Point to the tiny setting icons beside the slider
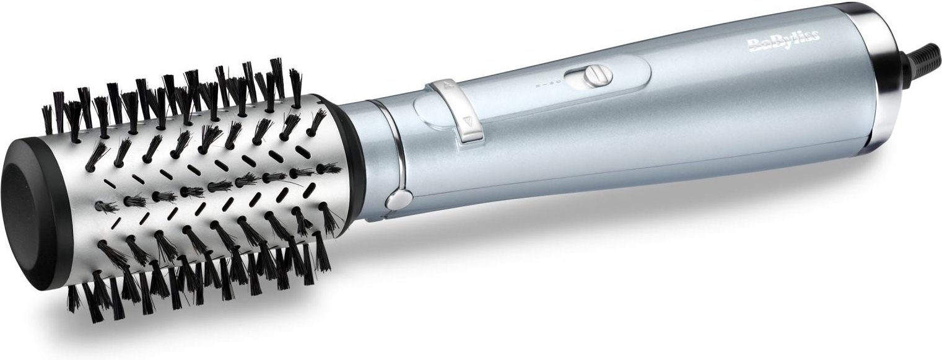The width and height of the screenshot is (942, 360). pyautogui.click(x=547, y=82)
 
